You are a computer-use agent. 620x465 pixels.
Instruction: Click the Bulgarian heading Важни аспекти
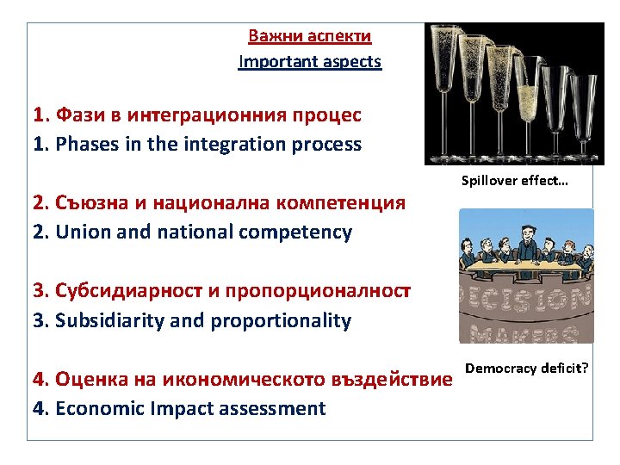pyautogui.click(x=310, y=36)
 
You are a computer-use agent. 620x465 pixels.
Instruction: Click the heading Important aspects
pyautogui.click(x=310, y=62)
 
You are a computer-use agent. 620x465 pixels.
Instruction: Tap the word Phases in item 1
pyautogui.click(x=85, y=145)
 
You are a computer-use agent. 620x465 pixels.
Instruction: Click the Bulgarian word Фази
pyautogui.click(x=77, y=115)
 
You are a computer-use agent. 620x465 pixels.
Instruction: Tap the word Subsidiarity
pyautogui.click(x=107, y=321)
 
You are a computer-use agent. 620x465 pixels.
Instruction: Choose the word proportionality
pyautogui.click(x=286, y=321)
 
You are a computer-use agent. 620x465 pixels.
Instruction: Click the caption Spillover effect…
pyautogui.click(x=514, y=181)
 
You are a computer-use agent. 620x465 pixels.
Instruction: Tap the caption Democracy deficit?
pyautogui.click(x=527, y=369)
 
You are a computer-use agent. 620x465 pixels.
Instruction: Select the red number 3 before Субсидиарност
pyautogui.click(x=39, y=291)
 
